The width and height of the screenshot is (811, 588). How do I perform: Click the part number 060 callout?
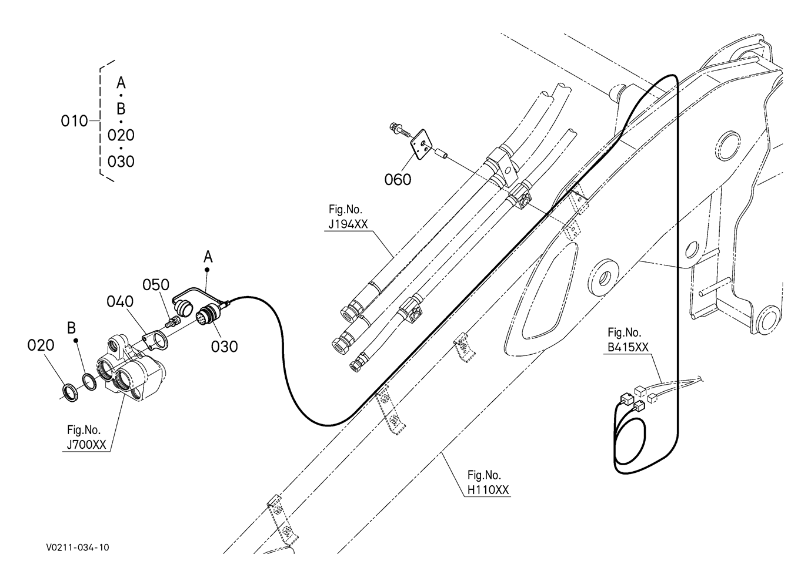398,179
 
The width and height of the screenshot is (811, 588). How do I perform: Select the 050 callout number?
156,285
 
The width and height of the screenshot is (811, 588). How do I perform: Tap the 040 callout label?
120,301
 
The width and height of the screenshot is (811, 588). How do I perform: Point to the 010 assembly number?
74,121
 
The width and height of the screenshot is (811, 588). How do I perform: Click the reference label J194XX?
348,224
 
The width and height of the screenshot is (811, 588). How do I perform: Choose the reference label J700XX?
86,445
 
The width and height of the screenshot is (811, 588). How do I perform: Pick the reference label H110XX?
488,490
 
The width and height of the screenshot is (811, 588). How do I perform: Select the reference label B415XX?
628,347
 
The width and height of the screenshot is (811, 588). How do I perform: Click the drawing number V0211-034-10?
78,547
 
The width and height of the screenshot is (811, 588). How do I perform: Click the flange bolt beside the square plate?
399,130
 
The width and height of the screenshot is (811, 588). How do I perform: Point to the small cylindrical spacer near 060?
440,152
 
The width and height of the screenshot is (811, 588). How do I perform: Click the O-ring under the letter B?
89,382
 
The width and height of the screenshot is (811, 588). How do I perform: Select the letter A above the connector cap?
208,257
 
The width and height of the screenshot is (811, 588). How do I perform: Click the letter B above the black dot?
71,328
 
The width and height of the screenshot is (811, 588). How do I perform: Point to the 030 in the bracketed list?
121,162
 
